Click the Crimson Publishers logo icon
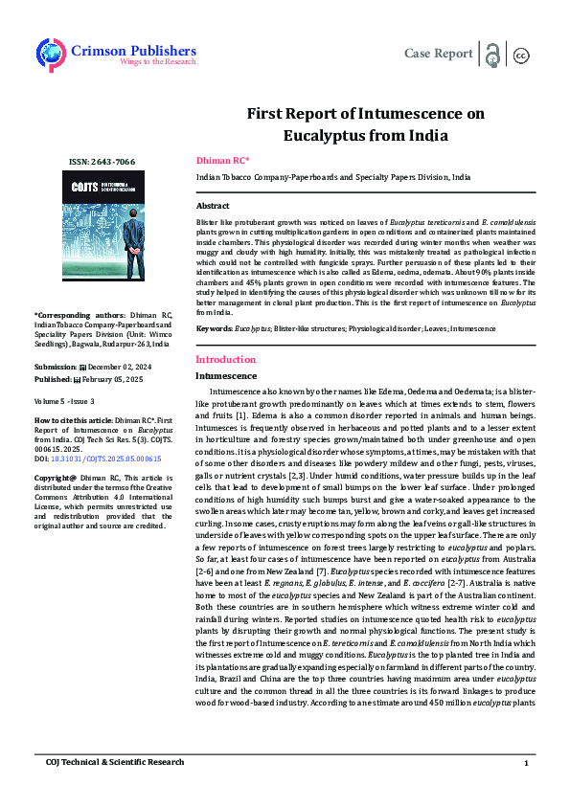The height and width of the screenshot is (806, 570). tap(50, 54)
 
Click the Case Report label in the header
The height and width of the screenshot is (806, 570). tap(439, 53)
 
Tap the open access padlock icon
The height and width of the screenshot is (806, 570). tap(492, 54)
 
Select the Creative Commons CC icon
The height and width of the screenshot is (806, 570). tap(522, 55)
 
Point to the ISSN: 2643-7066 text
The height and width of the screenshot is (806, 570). tap(101, 163)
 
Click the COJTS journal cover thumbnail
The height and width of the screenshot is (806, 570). tap(101, 234)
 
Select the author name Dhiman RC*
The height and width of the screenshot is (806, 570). tap(222, 160)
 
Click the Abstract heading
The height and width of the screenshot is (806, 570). tap(213, 206)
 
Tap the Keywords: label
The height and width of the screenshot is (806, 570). tap(215, 328)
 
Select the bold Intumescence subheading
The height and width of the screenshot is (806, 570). tap(226, 376)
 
